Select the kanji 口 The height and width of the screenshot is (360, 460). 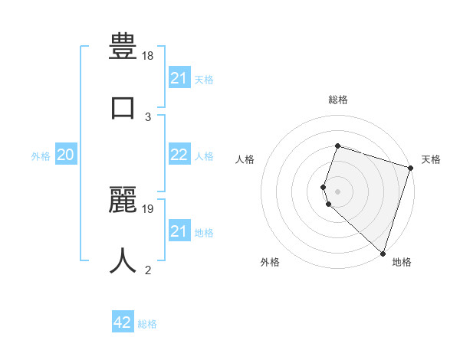coord(123,106)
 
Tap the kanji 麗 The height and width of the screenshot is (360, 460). coord(123,199)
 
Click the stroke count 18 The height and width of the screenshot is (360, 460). coord(149,56)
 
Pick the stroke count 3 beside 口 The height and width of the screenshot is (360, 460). coord(149,116)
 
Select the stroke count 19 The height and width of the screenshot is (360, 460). coord(149,208)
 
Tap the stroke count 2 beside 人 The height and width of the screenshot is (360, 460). coord(149,270)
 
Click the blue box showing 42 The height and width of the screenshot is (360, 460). coord(123,322)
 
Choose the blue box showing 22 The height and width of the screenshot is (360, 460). coord(179,155)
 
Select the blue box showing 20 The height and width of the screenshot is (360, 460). coord(66,155)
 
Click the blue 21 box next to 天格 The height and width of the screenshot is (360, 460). coord(179,78)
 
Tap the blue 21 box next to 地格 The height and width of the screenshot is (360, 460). coord(179,231)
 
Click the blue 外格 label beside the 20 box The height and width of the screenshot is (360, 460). coord(41,155)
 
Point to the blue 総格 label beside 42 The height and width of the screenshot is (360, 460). coord(147,323)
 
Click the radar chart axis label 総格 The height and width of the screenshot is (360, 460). coord(338,100)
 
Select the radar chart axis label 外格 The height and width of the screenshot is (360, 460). coord(270,262)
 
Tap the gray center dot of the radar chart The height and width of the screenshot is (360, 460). coord(338,191)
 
